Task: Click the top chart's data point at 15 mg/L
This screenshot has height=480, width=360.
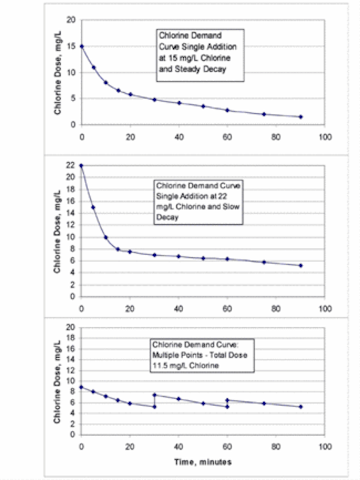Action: click(x=82, y=46)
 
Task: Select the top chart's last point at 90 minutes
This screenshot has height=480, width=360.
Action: click(x=301, y=117)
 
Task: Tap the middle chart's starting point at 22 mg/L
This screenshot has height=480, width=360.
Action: click(x=81, y=166)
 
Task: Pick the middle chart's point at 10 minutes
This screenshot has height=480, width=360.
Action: click(x=106, y=237)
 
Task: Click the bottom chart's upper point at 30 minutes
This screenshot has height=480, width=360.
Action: click(x=154, y=395)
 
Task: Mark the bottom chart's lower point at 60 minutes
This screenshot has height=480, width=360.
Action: click(x=227, y=406)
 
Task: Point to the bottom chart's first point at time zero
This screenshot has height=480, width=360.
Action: click(x=81, y=387)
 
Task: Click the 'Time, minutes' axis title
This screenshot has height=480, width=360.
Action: click(x=202, y=462)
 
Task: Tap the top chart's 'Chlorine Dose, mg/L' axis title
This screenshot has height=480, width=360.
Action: click(x=58, y=73)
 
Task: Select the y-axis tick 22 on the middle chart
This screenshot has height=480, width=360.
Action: click(x=70, y=166)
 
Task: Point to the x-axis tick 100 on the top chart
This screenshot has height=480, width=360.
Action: click(x=325, y=136)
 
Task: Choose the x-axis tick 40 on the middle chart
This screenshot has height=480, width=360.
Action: click(x=178, y=308)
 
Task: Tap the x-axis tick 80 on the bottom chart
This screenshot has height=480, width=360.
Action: click(x=276, y=447)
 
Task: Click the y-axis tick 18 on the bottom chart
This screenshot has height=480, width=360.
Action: click(x=70, y=338)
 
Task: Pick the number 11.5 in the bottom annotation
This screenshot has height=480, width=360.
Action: click(x=159, y=365)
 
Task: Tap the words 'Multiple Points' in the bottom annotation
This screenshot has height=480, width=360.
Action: click(x=178, y=355)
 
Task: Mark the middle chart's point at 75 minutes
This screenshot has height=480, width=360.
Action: click(x=264, y=262)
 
